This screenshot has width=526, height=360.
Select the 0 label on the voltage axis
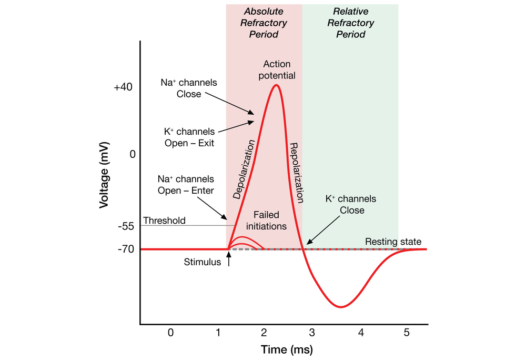(133, 154)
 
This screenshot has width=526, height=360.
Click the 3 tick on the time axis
(312, 333)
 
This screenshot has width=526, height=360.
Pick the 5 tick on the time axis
(406, 333)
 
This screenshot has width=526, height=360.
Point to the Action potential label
(277, 69)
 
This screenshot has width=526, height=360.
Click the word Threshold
(164, 221)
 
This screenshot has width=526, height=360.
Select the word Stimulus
(203, 262)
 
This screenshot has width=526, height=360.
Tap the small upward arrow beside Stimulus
(229, 258)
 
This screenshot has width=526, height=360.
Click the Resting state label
(393, 242)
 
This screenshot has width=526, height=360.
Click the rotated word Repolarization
(297, 173)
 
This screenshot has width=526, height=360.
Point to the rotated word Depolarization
(244, 169)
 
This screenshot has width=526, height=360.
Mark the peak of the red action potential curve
(276, 85)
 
